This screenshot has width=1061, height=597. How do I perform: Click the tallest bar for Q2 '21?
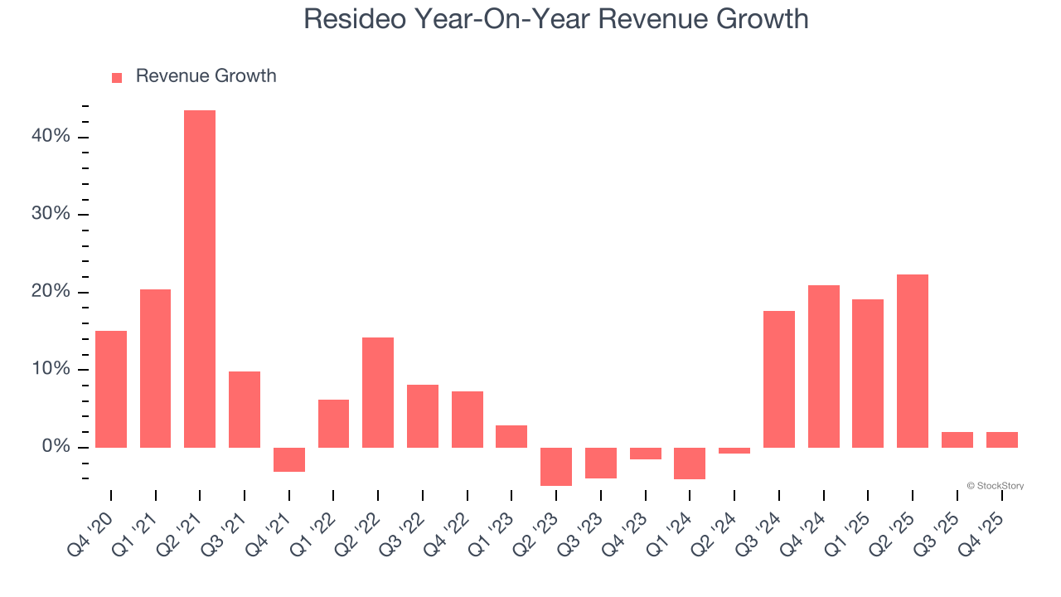[200, 279]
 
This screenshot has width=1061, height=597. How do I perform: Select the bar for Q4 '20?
[111, 389]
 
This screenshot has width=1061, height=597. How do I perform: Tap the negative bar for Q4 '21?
[289, 459]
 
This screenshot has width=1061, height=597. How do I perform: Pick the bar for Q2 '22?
[378, 392]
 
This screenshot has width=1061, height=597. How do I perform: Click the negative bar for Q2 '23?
[556, 466]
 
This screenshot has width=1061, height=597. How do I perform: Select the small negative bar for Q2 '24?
[734, 450]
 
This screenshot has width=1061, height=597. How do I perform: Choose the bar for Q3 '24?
[779, 379]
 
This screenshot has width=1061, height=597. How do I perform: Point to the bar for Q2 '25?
[913, 361]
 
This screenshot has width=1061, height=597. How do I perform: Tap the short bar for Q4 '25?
[1001, 439]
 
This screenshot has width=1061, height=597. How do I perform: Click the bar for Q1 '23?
[511, 436]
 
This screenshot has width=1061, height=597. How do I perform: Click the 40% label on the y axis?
[51, 136]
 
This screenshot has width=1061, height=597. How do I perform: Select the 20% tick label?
[51, 292]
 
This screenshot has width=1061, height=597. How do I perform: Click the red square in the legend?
[117, 77]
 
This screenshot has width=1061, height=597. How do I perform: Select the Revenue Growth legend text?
[206, 76]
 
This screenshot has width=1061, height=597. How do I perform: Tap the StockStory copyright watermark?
[995, 486]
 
